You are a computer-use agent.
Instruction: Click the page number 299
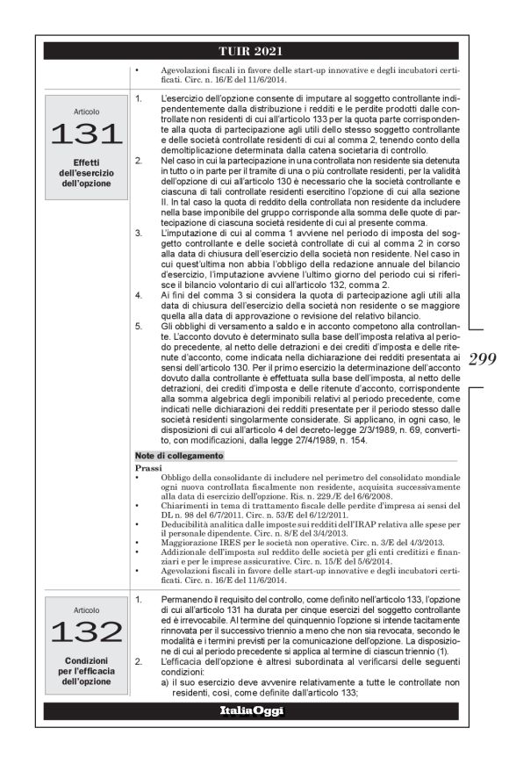point(483,358)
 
